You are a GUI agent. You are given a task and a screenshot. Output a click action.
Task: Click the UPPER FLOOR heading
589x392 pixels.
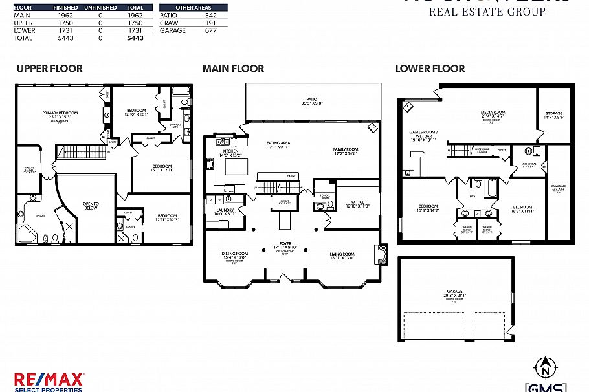click(50, 69)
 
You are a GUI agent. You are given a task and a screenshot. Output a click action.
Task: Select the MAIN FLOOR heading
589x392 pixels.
click(233, 69)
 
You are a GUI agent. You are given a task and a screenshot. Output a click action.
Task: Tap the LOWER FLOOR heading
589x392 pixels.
click(430, 69)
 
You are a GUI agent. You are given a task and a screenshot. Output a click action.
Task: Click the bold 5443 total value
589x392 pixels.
click(135, 38)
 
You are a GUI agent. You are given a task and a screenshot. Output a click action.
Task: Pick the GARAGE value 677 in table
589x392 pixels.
click(210, 30)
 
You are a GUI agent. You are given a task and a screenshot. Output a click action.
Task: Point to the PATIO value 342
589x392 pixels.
click(210, 15)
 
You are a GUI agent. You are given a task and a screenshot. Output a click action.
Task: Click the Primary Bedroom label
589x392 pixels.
click(60, 113)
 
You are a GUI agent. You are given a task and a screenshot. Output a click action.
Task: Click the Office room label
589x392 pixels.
click(358, 202)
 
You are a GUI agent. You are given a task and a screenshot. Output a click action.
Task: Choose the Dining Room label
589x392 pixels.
click(235, 254)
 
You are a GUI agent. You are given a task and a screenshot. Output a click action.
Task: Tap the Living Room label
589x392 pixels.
click(342, 254)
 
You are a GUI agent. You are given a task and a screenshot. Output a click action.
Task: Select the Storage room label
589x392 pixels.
click(553, 114)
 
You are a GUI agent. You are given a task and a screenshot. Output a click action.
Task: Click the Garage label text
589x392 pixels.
click(454, 292)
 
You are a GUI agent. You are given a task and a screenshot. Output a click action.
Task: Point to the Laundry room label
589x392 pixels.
click(225, 210)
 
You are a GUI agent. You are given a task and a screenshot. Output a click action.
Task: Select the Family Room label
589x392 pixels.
click(345, 149)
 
